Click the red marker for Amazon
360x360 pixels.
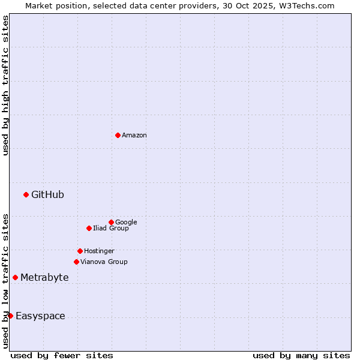click(x=118, y=135)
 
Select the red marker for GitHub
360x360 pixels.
click(x=26, y=194)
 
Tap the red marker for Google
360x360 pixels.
click(x=111, y=222)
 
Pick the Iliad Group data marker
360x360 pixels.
click(x=89, y=228)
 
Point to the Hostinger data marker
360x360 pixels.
click(x=80, y=251)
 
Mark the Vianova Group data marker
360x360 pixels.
click(x=76, y=262)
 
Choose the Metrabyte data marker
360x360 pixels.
click(x=15, y=277)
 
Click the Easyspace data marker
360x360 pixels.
click(x=10, y=316)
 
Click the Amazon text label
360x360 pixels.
click(x=134, y=136)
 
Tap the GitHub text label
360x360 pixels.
click(x=47, y=194)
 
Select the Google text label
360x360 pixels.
click(x=126, y=223)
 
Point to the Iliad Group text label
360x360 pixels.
click(x=111, y=229)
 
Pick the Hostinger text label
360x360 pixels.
click(x=99, y=251)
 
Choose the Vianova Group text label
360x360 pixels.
click(x=104, y=262)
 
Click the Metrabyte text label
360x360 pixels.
click(x=44, y=278)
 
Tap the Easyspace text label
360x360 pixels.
click(x=40, y=316)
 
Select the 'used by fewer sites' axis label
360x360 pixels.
click(x=62, y=355)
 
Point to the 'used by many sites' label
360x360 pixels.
click(x=301, y=355)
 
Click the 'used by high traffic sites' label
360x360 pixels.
click(x=5, y=85)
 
